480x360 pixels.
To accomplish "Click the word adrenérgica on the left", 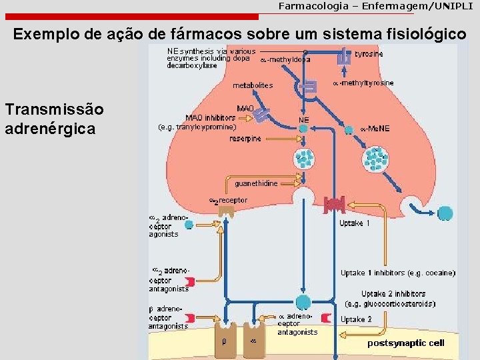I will pos(50,127).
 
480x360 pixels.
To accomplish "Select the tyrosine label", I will pos(369,54).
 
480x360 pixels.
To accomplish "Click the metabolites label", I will pos(253,85).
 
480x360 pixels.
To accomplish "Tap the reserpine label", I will pos(245,139).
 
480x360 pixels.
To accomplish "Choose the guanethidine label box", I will pos(256,183).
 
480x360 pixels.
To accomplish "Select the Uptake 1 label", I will pos(355,223).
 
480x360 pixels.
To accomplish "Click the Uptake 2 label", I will pos(355,319).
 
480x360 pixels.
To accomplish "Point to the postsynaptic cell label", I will pos(405,343).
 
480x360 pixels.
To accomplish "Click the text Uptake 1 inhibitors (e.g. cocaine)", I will pos(398,273).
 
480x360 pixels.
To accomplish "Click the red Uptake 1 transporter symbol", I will pos(333,205).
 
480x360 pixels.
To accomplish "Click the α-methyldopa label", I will pos(285,59).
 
